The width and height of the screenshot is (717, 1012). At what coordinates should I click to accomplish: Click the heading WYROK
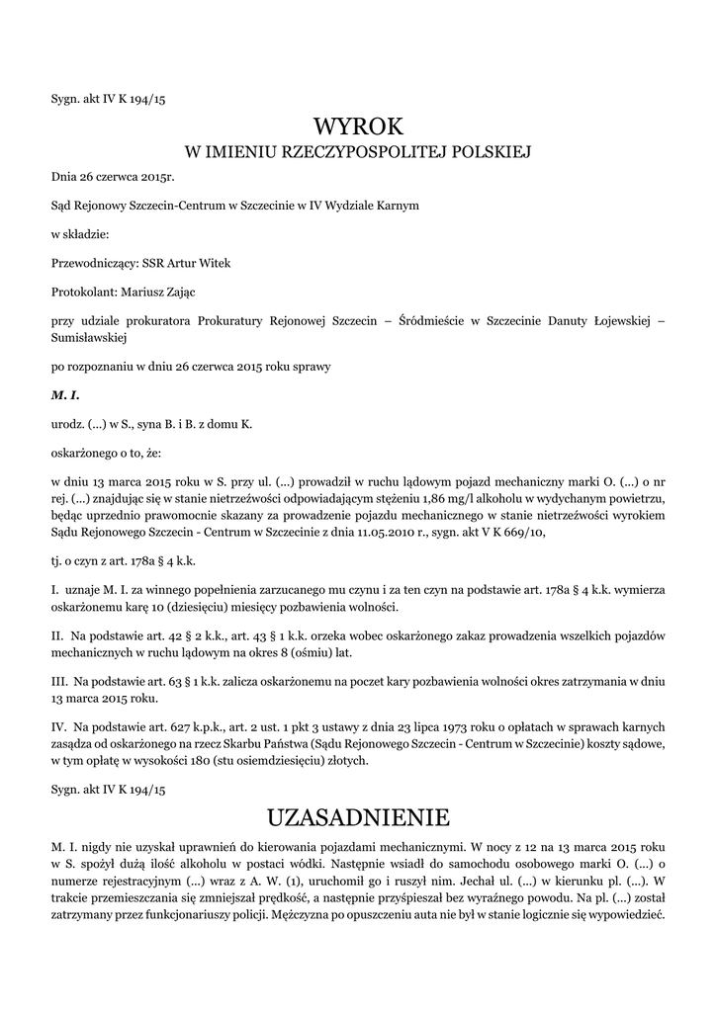[x=358, y=126]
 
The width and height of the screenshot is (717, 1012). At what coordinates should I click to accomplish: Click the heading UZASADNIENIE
[x=358, y=817]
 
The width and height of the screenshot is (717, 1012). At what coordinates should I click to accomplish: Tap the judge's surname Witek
[x=214, y=263]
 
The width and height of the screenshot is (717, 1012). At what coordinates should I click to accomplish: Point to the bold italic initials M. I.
[x=64, y=395]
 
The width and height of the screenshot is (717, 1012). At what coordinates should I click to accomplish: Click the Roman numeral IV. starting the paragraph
[x=59, y=726]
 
